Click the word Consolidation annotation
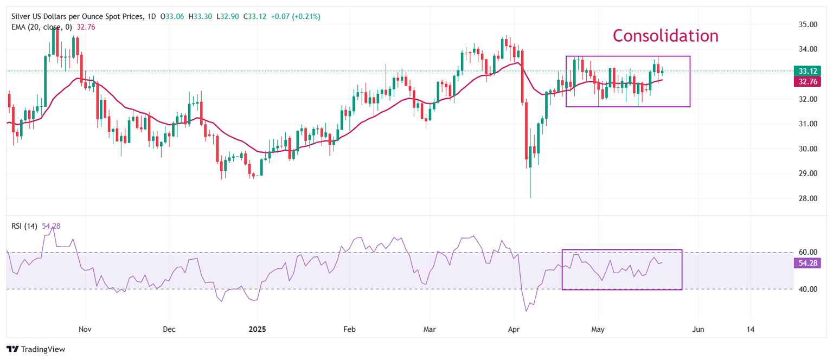click(665, 36)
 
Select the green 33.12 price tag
click(806, 71)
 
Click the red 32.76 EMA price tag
click(806, 82)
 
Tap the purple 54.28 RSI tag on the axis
click(806, 263)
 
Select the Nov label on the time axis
click(85, 329)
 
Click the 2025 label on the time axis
click(257, 329)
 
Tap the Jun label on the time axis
click(698, 329)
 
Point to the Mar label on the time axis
click(430, 329)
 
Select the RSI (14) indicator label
click(24, 226)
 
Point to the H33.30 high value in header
click(200, 17)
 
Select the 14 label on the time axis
click(750, 329)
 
